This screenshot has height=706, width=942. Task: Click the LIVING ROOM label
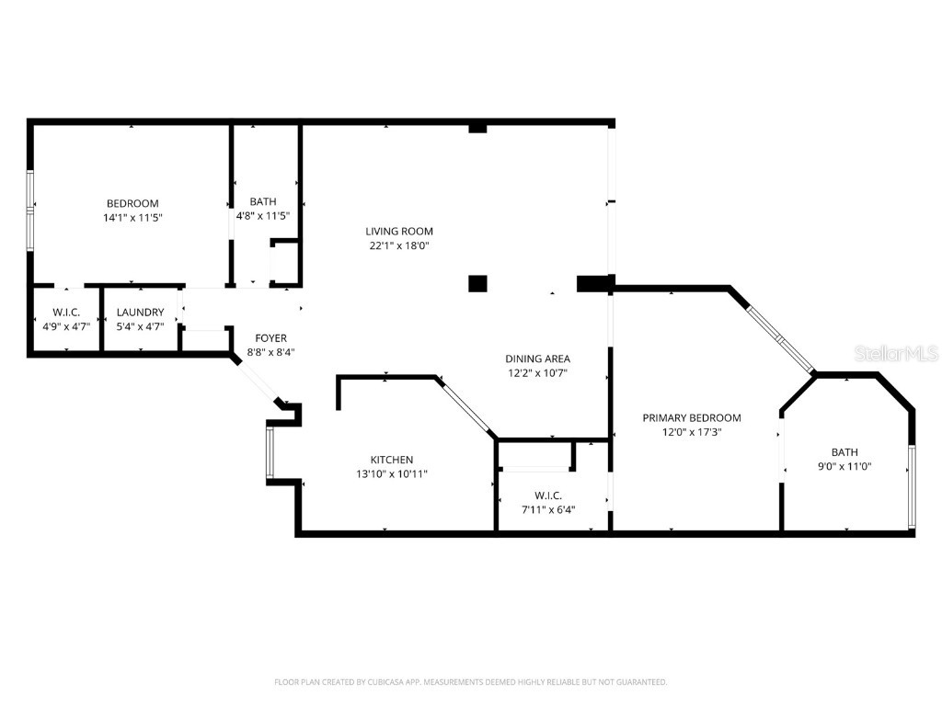[x=398, y=232]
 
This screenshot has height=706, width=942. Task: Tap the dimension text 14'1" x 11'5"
[x=132, y=218]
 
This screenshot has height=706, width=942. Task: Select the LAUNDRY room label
[x=141, y=313]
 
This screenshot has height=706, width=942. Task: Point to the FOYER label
[x=270, y=338]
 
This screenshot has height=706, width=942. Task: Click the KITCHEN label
[x=392, y=460]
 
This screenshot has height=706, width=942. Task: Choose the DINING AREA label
[x=537, y=359]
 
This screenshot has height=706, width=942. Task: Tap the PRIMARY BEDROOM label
[x=691, y=417]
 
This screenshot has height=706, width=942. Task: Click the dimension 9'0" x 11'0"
[x=844, y=466]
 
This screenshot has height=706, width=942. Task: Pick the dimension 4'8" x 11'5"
[x=263, y=216]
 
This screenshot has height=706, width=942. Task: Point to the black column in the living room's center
[x=477, y=283]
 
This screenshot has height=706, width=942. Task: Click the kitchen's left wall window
[x=269, y=452]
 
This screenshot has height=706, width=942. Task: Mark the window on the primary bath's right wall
[x=911, y=487]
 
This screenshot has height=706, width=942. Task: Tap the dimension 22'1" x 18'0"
[x=398, y=245]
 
